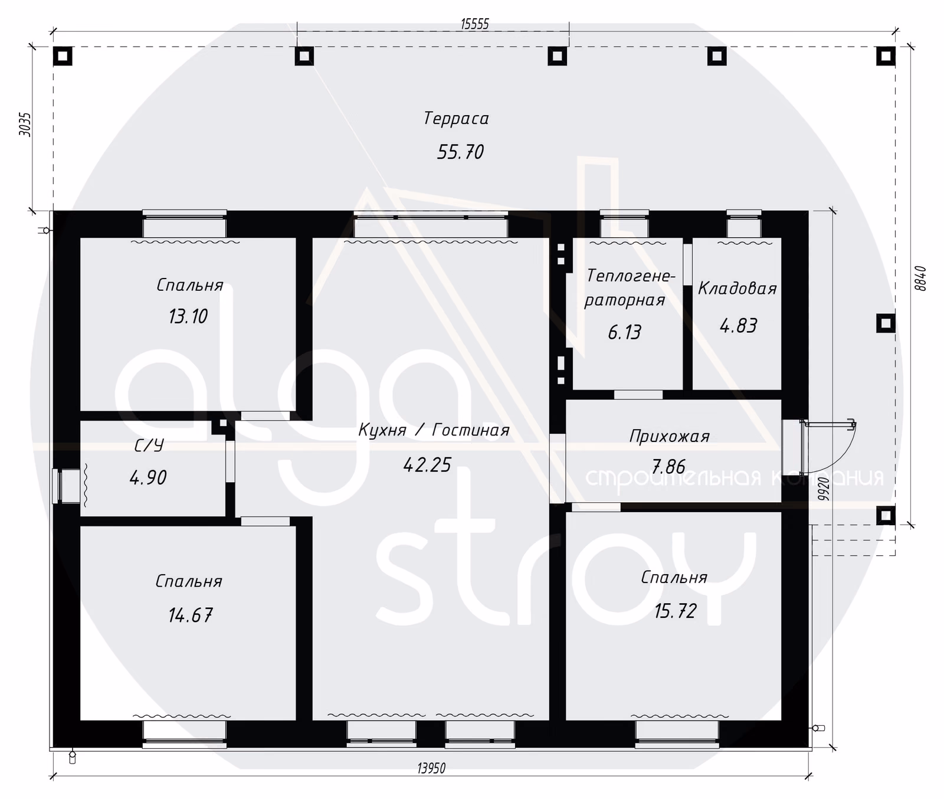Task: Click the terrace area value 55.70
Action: coord(460,152)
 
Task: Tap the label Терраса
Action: coord(456,119)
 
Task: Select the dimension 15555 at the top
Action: coord(475,24)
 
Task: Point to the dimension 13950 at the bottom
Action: coord(431,768)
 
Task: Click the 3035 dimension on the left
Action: coord(25,125)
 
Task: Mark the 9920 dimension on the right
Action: coord(824,489)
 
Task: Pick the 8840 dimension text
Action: coord(922,278)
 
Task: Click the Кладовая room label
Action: coord(737,289)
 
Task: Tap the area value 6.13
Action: coord(624,332)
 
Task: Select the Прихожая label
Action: coord(669,437)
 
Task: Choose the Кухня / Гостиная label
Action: coord(434,430)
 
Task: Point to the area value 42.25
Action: coord(427,465)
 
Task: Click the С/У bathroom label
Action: coord(149,446)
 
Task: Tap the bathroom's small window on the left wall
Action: coord(65,486)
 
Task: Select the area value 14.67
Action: coord(190,615)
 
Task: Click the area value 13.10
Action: coord(188,317)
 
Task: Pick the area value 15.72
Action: coord(676,611)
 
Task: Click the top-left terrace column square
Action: coord(63,56)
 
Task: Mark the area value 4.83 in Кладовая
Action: coord(738,326)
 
